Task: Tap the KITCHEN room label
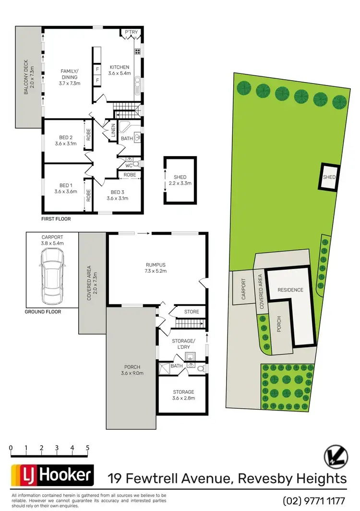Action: pos(119,67)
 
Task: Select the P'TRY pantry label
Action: pos(131,33)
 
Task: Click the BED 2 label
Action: pos(66,137)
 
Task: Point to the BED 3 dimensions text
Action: pos(117,198)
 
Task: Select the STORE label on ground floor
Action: pos(192,312)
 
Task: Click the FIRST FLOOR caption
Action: pos(57,219)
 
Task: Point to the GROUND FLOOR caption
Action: pos(43,312)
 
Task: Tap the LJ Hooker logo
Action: pos(51,476)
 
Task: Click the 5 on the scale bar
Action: pos(88,448)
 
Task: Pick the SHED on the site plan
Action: pos(329,177)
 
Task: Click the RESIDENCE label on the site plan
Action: pos(290,290)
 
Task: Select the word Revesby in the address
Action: pos(261,478)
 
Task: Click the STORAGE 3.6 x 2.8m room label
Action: pos(183,392)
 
